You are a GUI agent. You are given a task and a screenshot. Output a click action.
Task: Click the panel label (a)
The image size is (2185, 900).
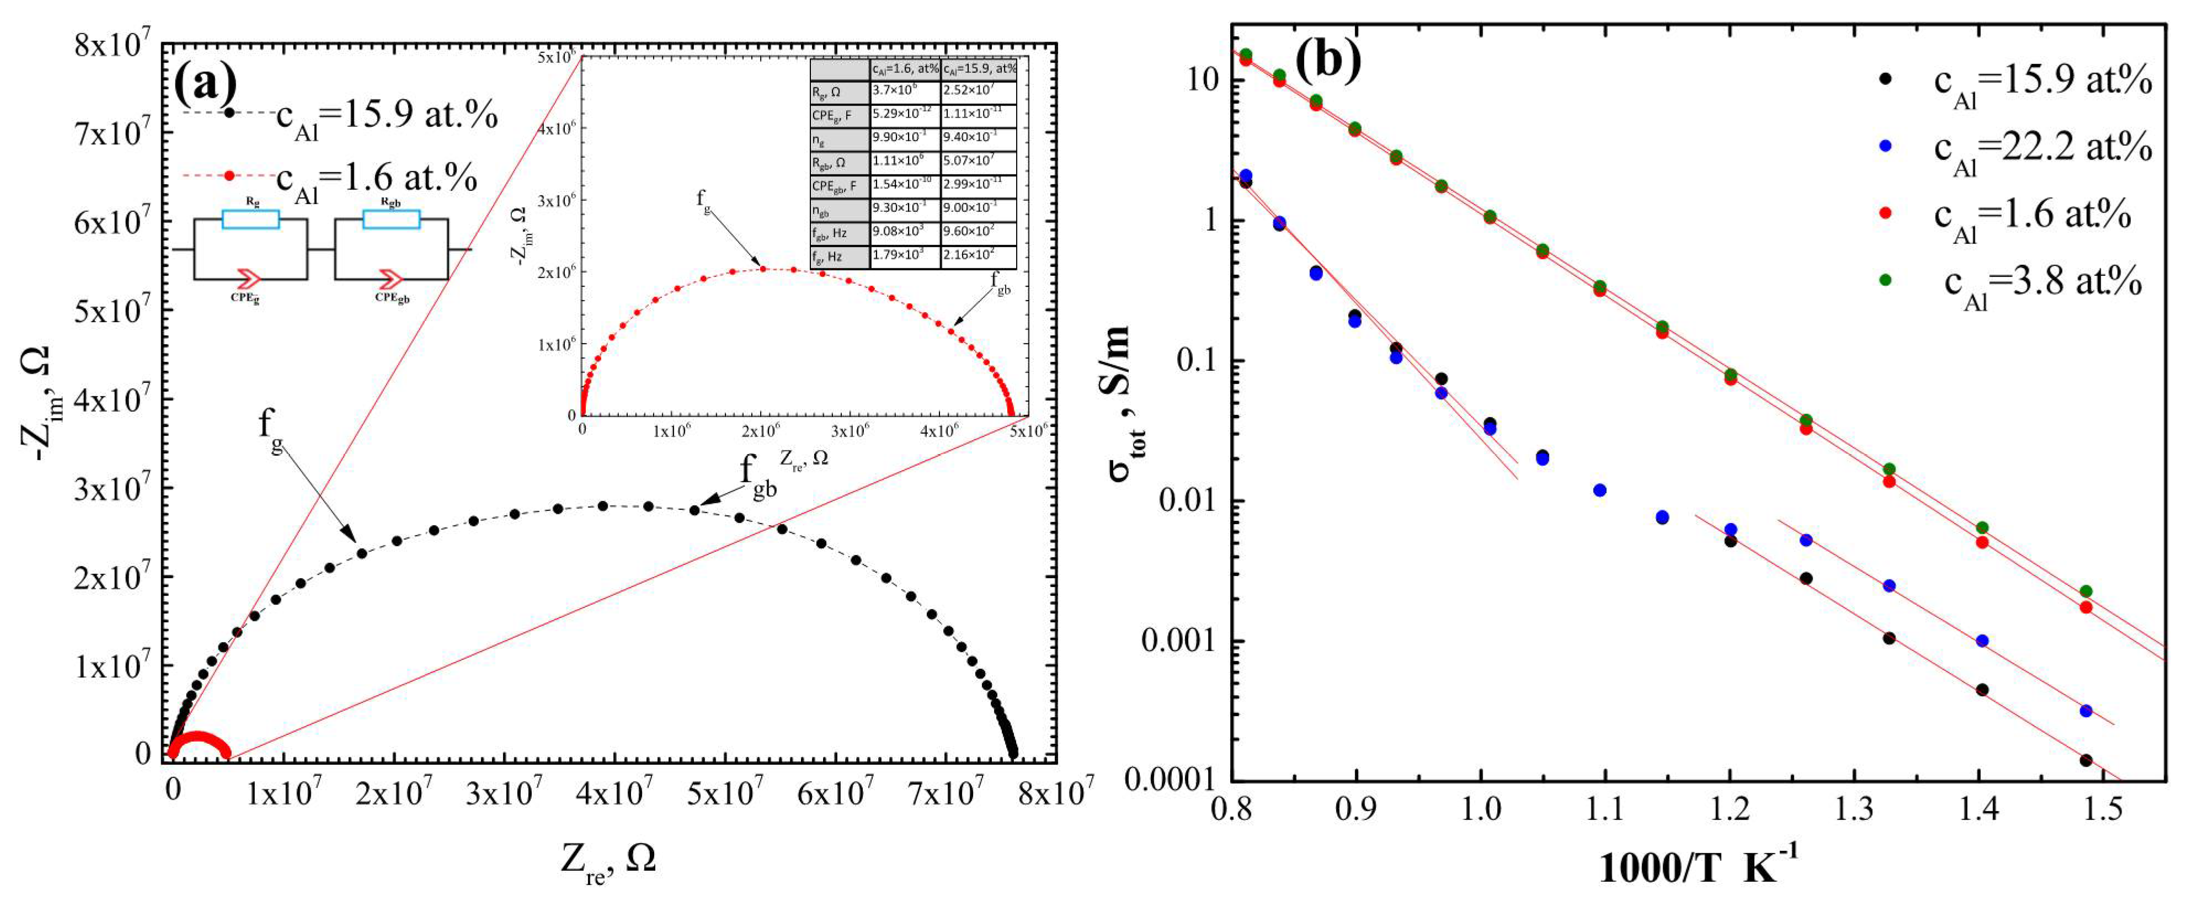205,84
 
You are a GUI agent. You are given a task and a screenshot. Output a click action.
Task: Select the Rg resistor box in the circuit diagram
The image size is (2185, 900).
250,220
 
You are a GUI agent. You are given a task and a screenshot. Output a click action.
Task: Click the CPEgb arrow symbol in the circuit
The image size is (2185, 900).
392,278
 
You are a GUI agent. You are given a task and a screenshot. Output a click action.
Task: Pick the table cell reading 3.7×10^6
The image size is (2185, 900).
904,90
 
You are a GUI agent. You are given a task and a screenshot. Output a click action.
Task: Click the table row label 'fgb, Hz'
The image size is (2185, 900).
839,232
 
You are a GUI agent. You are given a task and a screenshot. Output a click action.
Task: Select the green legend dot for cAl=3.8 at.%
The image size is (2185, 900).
1887,280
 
